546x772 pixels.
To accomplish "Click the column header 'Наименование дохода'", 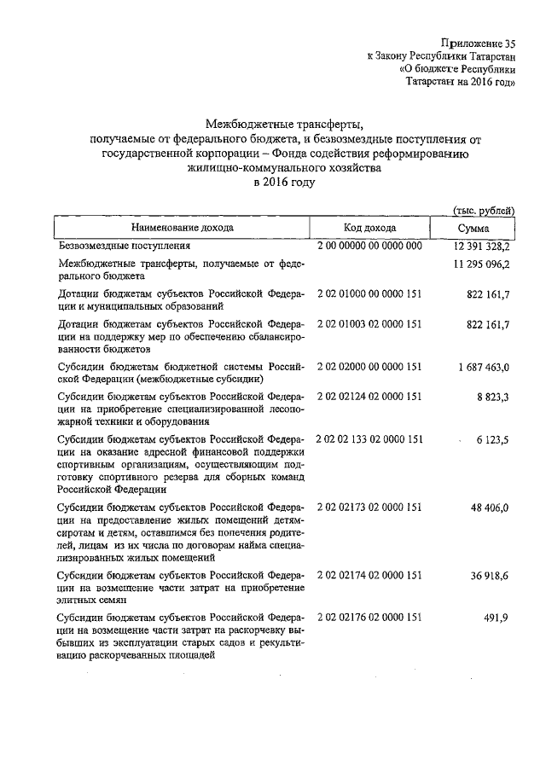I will pyautogui.click(x=182, y=228).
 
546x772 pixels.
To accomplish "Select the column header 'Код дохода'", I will pyautogui.click(x=369, y=228).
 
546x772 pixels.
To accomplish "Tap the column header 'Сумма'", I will pyautogui.click(x=473, y=228).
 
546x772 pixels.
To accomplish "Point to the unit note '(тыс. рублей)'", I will pyautogui.click(x=483, y=209).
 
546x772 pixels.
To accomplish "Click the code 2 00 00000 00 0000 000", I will pyautogui.click(x=369, y=246).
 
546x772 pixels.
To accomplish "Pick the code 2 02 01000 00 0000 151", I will pyautogui.click(x=369, y=294).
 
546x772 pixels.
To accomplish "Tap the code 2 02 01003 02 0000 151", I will pyautogui.click(x=369, y=324).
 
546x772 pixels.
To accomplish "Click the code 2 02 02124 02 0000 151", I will pyautogui.click(x=369, y=396).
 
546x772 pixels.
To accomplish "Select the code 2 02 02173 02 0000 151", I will pyautogui.click(x=369, y=506).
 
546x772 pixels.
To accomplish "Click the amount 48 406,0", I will pyautogui.click(x=489, y=506).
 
